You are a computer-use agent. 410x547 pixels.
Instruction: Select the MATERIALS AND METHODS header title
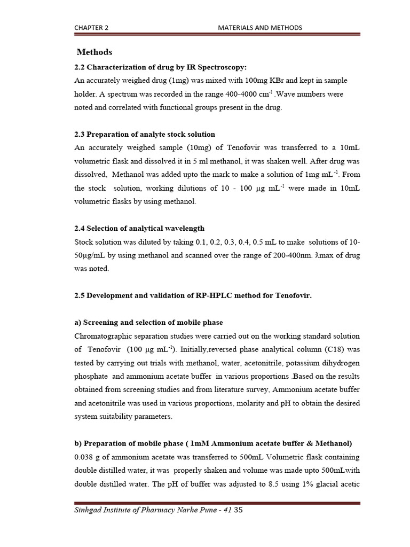[x=261, y=27]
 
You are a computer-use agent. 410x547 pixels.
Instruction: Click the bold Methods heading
[x=94, y=52]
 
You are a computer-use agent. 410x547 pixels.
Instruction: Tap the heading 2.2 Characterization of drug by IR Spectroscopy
[x=161, y=67]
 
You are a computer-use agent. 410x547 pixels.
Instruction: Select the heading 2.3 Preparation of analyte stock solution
[x=144, y=134]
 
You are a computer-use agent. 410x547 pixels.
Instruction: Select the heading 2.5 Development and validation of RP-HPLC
[x=192, y=295]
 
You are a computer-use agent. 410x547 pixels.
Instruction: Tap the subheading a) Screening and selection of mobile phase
[x=148, y=323]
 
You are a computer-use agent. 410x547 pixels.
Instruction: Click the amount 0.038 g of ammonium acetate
[x=88, y=457]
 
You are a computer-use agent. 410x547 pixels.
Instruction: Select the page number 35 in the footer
[x=239, y=511]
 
